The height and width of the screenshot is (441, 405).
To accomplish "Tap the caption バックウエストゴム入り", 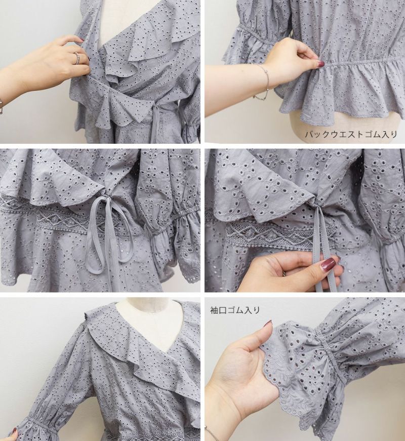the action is (351, 134).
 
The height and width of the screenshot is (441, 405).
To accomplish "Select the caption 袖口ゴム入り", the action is (235, 310).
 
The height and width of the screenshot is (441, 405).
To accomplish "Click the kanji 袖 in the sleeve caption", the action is (214, 310).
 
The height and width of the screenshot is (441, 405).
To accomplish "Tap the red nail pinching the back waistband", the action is (321, 64).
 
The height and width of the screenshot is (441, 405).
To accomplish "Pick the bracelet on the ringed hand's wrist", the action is (1, 105).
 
